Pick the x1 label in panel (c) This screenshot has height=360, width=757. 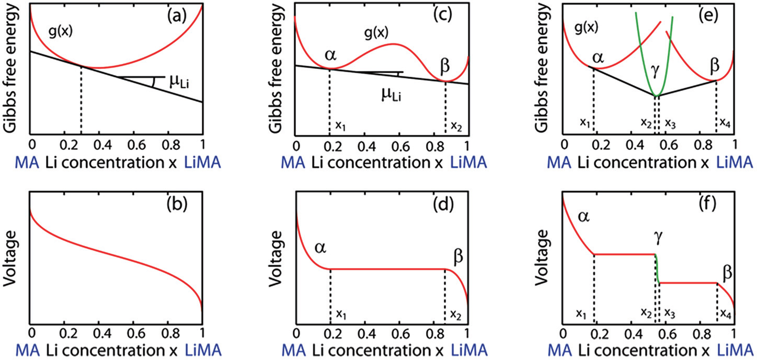click(x=339, y=125)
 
